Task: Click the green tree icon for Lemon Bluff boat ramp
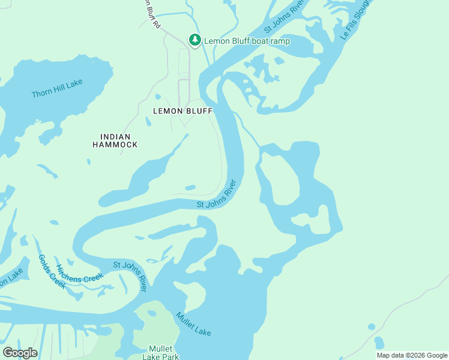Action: coord(194,40)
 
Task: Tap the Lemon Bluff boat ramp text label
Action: coord(247,41)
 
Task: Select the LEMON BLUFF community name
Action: coord(183,111)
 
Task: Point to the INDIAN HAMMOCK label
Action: coord(115,140)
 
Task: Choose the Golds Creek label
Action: coord(51,271)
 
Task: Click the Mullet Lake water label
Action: coord(193,324)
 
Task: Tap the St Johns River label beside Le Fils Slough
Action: coord(285,17)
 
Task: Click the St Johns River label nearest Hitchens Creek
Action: coord(130,275)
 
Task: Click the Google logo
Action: coord(20,352)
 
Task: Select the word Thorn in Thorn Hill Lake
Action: coord(42,94)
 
